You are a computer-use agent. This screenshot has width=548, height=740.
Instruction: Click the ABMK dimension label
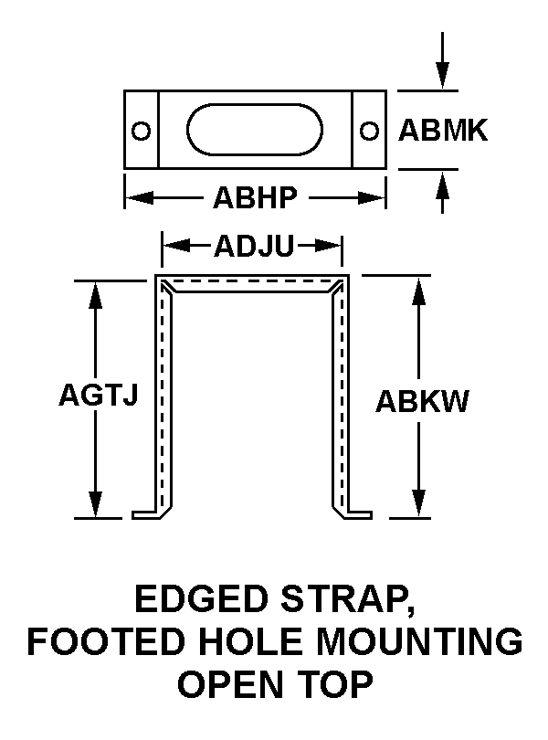click(443, 132)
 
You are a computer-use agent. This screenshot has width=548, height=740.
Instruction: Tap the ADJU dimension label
click(251, 246)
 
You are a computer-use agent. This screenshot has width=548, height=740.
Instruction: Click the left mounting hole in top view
click(141, 131)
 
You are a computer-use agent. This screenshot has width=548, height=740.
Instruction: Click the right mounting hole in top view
click(369, 131)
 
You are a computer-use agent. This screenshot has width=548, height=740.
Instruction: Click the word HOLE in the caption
click(230, 642)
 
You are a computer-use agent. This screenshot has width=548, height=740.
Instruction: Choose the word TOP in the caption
click(338, 685)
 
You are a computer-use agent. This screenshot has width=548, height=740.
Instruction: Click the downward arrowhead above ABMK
click(443, 78)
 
